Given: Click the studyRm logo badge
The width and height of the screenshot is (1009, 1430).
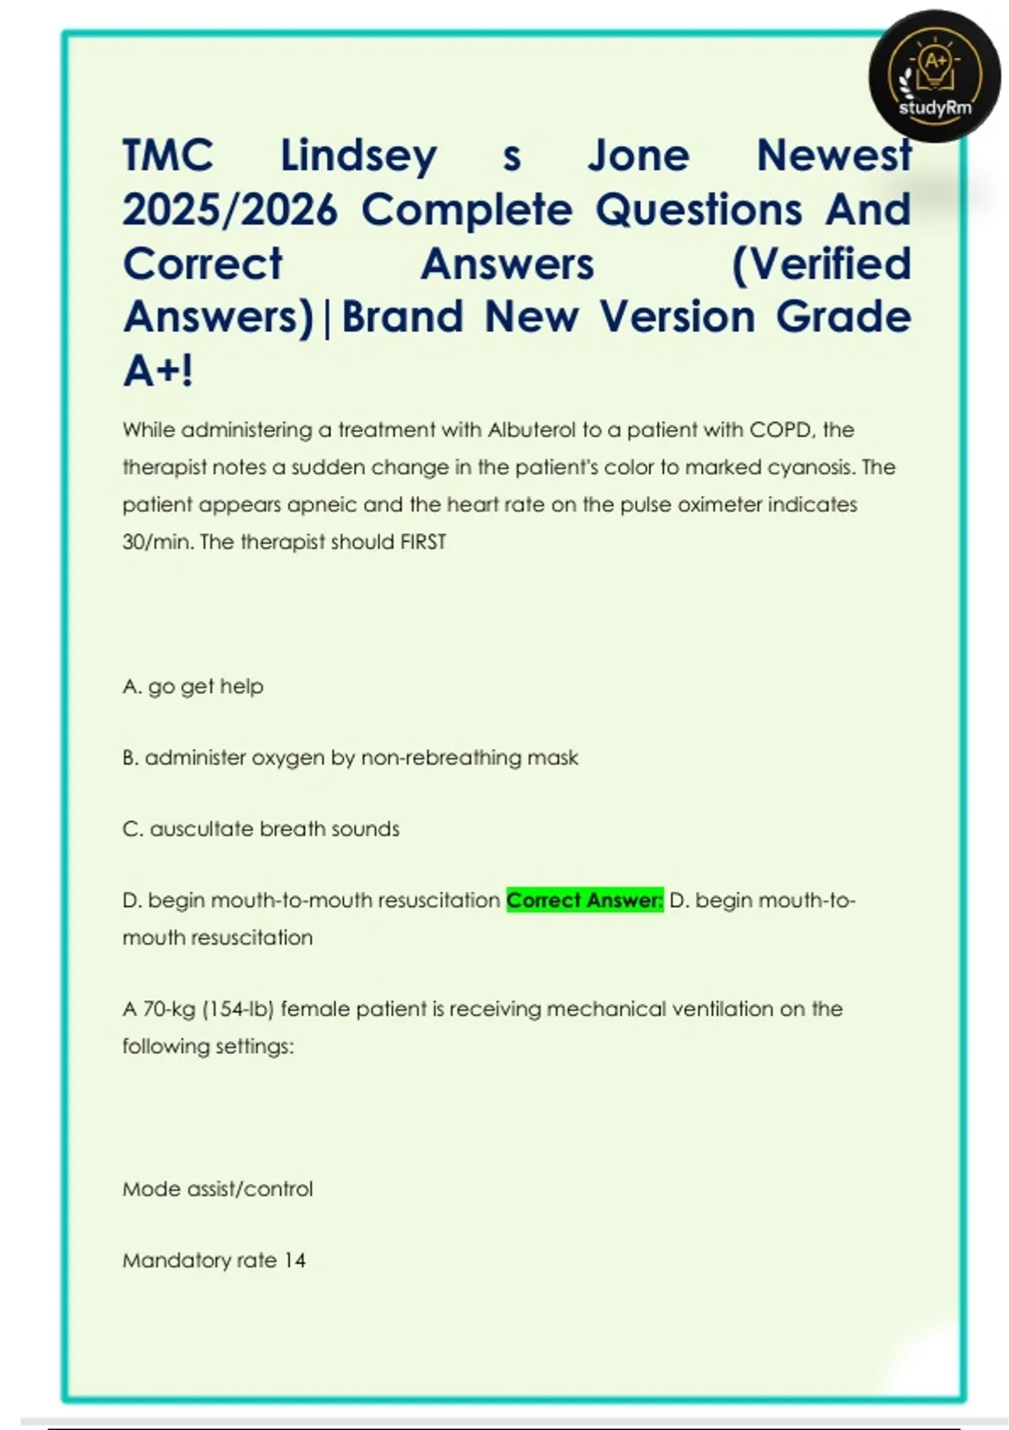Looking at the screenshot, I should (x=934, y=77).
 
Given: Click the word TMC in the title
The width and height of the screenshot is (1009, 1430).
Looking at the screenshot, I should (x=168, y=156).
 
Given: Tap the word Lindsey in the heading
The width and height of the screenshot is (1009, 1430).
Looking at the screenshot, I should (x=358, y=156).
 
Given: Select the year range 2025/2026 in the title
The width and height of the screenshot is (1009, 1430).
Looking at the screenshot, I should (x=230, y=209).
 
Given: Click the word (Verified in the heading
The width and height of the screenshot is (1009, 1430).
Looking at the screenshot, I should (x=821, y=263).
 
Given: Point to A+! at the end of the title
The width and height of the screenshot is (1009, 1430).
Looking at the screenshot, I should (x=158, y=370).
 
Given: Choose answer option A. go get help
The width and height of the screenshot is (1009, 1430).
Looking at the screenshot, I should (x=193, y=686).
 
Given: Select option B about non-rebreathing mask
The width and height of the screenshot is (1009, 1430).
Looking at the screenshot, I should (x=350, y=758).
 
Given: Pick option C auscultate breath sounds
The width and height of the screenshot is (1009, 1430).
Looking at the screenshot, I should (x=261, y=829).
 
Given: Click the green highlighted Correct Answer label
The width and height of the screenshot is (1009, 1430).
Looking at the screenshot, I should (x=584, y=900).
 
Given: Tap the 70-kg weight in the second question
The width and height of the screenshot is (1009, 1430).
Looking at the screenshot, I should (x=170, y=1009).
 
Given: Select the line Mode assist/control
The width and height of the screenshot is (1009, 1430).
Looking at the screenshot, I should (x=217, y=1189).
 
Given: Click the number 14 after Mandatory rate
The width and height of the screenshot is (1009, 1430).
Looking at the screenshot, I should (x=294, y=1260).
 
